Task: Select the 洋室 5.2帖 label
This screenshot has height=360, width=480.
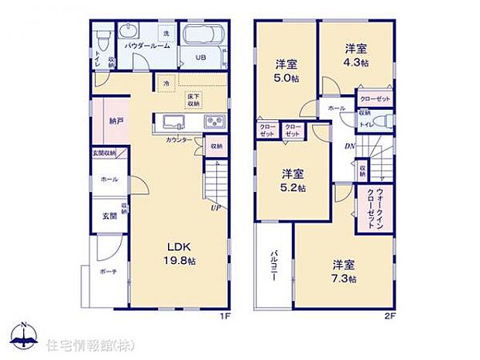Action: click(x=292, y=180)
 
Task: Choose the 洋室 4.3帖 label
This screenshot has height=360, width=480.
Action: click(x=357, y=53)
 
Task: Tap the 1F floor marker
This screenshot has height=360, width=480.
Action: click(x=225, y=316)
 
